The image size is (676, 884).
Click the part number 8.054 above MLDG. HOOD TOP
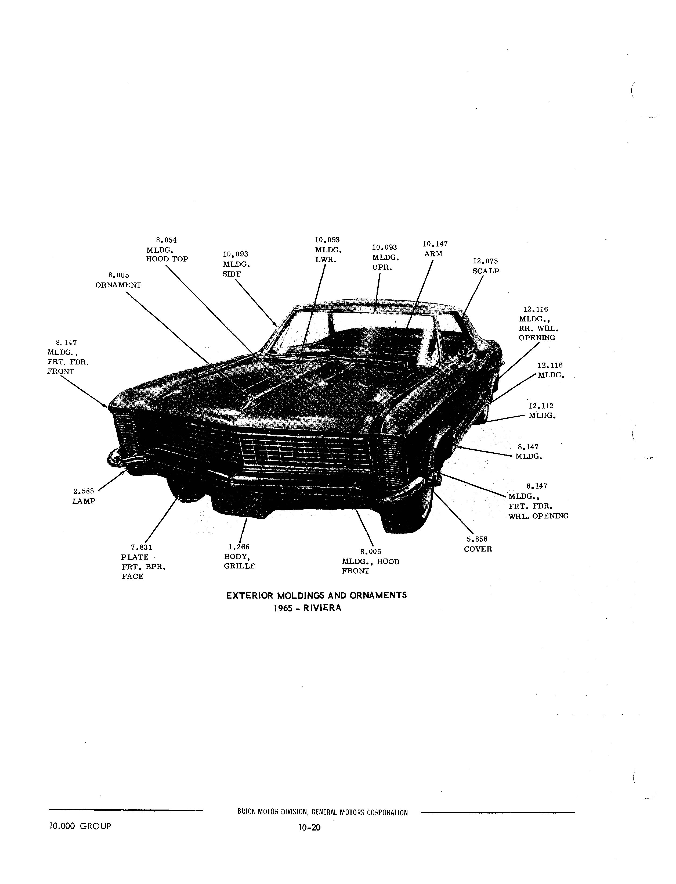click(x=166, y=241)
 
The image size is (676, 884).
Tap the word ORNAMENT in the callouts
click(x=118, y=285)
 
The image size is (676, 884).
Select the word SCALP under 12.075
click(x=486, y=271)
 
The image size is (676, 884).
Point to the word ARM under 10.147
click(x=433, y=254)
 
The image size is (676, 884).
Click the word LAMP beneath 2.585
click(x=84, y=502)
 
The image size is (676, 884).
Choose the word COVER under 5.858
click(x=478, y=549)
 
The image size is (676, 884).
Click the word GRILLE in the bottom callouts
click(x=239, y=566)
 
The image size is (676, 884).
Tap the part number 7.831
click(x=142, y=547)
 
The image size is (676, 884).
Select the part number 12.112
click(x=541, y=406)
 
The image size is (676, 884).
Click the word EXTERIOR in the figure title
click(x=250, y=595)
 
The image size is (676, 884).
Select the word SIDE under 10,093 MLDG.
click(x=232, y=274)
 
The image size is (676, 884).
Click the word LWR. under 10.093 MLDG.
click(x=326, y=260)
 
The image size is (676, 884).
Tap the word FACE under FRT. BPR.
click(x=133, y=576)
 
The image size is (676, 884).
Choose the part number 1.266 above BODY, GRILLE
click(x=238, y=547)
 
